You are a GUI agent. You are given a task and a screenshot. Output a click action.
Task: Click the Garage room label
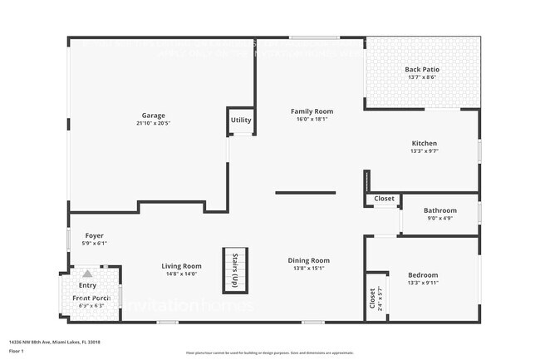tap(153, 116)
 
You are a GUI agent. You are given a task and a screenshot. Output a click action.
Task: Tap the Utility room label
tap(241, 121)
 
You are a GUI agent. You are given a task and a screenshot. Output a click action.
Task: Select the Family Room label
tap(312, 111)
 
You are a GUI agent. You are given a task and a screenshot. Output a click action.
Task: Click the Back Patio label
tap(422, 70)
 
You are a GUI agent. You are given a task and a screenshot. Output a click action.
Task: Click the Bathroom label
tap(439, 210)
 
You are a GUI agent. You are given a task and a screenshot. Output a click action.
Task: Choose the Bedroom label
tap(423, 275)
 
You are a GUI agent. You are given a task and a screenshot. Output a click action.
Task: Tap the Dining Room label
tap(309, 260)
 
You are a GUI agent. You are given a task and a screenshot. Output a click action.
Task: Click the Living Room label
tap(182, 266)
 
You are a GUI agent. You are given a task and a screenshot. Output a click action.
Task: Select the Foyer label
tap(94, 235)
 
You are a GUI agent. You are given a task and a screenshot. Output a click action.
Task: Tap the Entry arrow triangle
tap(87, 273)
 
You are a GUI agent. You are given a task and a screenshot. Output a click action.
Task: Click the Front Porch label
tap(91, 298)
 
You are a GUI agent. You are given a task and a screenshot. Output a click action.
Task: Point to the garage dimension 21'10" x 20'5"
tap(153, 124)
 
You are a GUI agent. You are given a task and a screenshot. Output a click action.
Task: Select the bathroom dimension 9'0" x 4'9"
tap(439, 219)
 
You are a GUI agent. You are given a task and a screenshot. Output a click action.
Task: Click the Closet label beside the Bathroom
tap(384, 199)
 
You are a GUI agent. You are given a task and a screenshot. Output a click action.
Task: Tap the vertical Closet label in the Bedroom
tap(371, 298)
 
